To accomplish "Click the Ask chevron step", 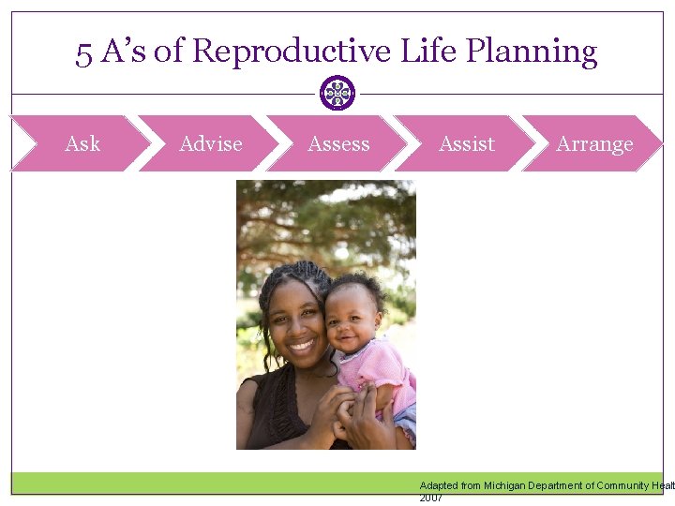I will point(82,143).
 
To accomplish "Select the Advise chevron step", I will point(210,143).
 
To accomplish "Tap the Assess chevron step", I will point(338,143).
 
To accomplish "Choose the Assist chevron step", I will point(467,143).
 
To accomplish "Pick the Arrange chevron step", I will point(594,143).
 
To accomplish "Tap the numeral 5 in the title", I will point(84,52).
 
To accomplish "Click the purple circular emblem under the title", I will point(337,93).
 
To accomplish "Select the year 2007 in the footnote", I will point(431,498).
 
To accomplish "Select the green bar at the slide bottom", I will point(216,483).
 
